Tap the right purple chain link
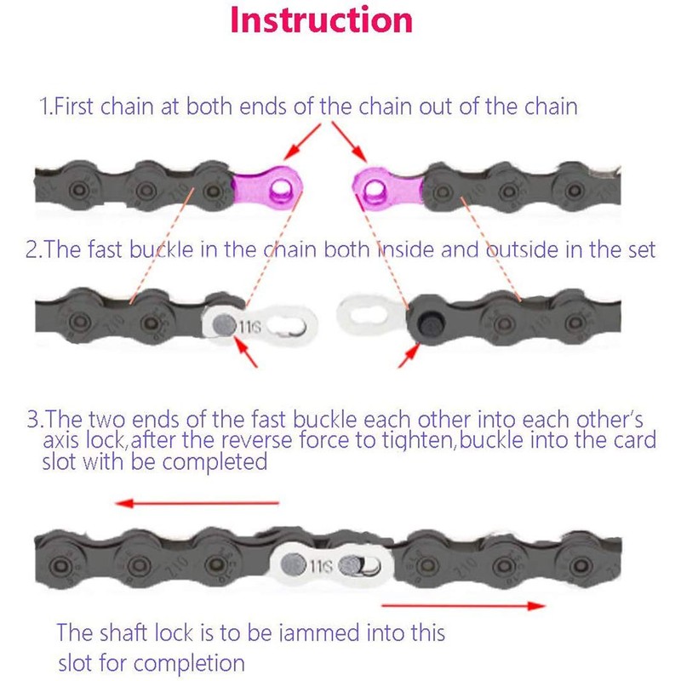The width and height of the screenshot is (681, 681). click(x=386, y=184)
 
